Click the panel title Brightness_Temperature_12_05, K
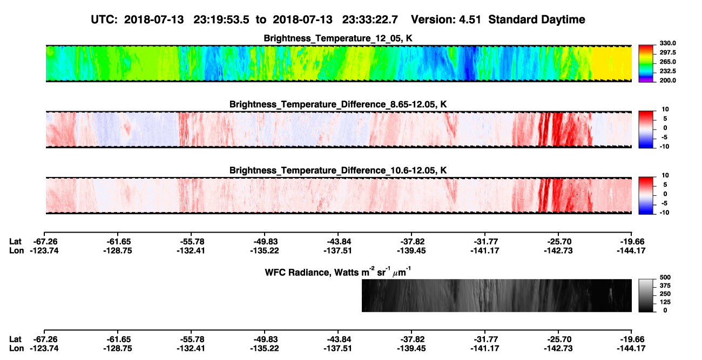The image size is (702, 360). [338, 38]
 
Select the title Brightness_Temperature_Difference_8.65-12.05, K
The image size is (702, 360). [338, 104]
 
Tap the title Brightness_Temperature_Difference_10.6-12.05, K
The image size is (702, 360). [338, 171]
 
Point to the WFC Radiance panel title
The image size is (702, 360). [338, 272]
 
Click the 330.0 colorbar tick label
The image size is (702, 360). [667, 43]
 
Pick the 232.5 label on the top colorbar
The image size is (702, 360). [667, 71]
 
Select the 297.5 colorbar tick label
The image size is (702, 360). [667, 52]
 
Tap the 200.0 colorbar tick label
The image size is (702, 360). [667, 80]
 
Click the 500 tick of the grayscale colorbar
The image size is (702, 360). [665, 277]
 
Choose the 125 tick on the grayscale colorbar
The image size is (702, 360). [665, 302]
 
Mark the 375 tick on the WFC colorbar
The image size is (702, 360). [665, 286]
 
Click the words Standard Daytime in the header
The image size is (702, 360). [537, 19]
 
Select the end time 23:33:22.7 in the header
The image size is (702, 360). [370, 19]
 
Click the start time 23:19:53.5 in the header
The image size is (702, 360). [221, 19]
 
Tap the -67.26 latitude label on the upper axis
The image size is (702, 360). [44, 242]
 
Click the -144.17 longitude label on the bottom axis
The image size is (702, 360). [631, 349]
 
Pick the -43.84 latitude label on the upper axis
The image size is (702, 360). [338, 242]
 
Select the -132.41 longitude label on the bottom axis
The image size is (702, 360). [191, 349]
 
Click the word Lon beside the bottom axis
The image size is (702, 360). [16, 349]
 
